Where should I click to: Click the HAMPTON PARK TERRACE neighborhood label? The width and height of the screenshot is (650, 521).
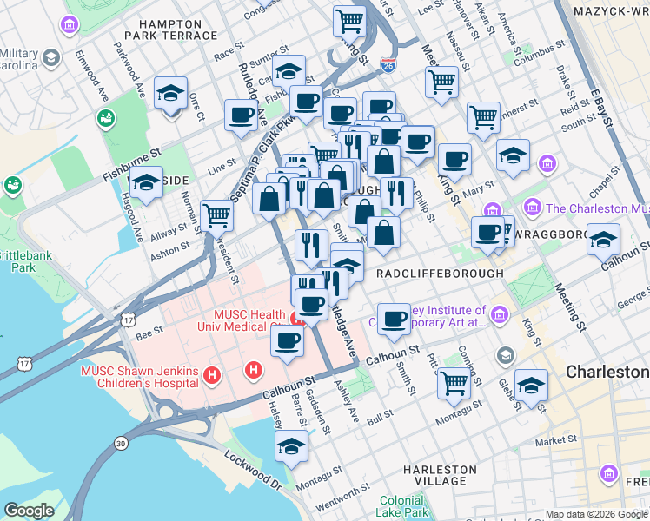[170, 30]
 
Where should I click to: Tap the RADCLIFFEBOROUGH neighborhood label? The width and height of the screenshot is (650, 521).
[440, 273]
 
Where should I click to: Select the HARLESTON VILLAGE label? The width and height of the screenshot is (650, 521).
[441, 475]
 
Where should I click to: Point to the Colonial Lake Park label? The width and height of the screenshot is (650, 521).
[401, 506]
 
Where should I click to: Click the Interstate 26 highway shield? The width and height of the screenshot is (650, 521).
[388, 65]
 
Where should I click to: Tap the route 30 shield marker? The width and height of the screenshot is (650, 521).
[120, 444]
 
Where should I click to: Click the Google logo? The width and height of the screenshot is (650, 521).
[29, 511]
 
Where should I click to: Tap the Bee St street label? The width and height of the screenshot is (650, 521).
[149, 332]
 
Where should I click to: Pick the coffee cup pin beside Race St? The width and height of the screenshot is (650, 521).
[240, 115]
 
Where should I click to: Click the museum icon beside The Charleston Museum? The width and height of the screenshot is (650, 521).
[532, 208]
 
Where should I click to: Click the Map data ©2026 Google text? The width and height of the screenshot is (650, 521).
[596, 514]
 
